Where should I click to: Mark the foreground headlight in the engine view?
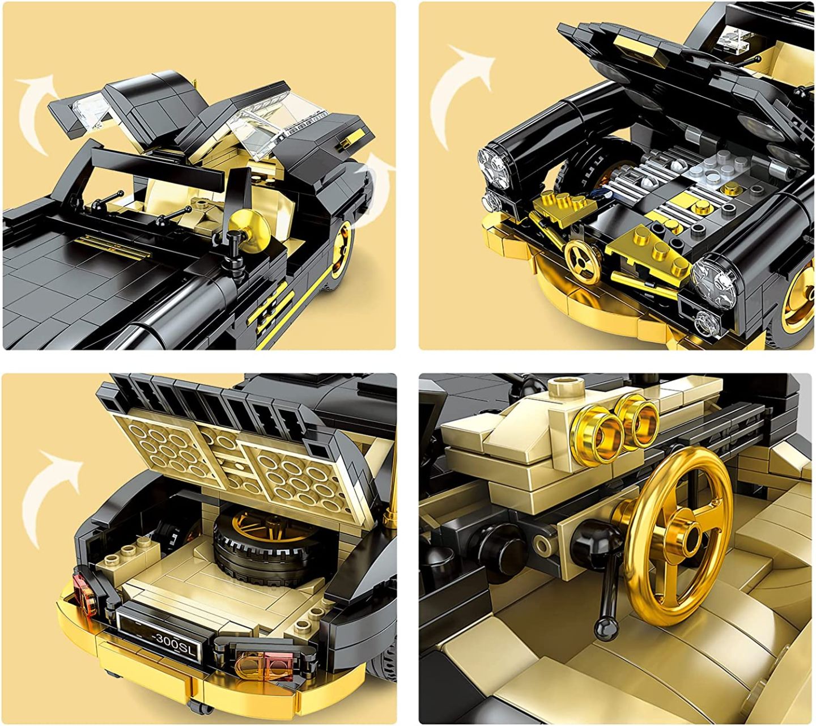[715, 275]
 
